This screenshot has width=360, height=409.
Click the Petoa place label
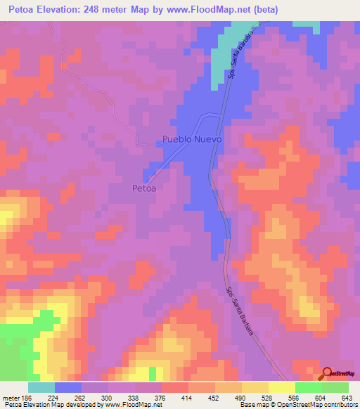click(x=143, y=188)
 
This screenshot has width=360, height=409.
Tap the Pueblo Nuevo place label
click(x=192, y=139)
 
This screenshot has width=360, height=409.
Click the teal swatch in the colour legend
click(x=41, y=387)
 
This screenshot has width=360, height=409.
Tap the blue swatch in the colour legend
click(x=68, y=387)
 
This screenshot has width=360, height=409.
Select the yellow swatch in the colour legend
click(x=281, y=387)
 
